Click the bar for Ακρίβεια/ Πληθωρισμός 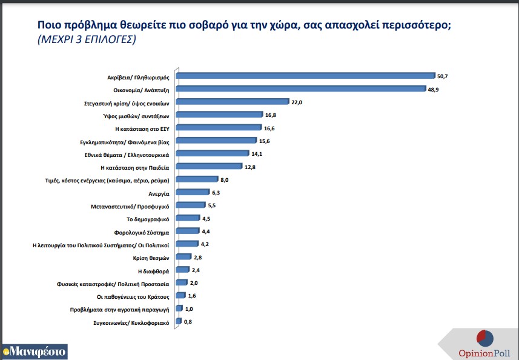[305, 76]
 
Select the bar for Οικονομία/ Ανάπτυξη [301, 89]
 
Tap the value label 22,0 [296, 102]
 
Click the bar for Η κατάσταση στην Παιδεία [208, 167]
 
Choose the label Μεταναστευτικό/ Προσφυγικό [133, 205]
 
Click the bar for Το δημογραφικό [187, 218]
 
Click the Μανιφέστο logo [34, 351]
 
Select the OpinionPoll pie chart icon [484, 337]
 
